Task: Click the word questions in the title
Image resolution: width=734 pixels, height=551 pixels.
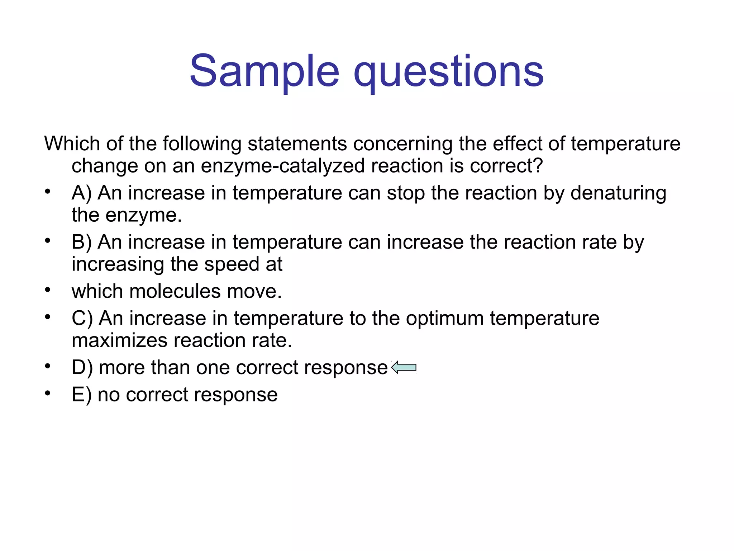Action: (449, 72)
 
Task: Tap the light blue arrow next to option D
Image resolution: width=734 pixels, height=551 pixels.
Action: (404, 367)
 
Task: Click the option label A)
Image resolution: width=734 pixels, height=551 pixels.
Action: (82, 193)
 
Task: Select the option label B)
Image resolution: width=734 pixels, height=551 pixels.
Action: (82, 242)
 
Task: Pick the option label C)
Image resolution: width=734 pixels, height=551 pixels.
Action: (82, 318)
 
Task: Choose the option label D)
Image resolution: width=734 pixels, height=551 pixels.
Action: (82, 368)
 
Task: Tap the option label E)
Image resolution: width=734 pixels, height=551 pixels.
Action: (82, 395)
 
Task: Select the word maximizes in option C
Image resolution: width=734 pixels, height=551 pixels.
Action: (119, 340)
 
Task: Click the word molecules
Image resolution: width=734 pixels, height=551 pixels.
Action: (175, 291)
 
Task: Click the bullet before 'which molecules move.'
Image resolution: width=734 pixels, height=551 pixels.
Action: (48, 289)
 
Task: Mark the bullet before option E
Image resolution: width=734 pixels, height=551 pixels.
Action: (48, 393)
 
